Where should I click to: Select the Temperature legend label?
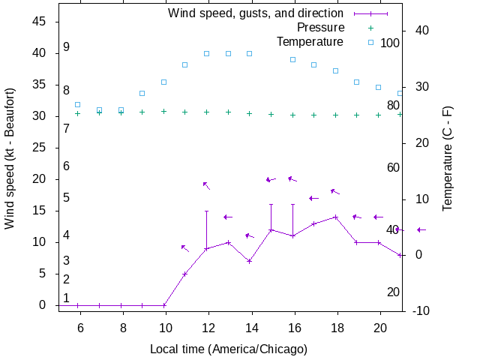(x=310, y=41)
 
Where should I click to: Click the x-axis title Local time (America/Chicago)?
(x=229, y=349)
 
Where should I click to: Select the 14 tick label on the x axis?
(x=251, y=327)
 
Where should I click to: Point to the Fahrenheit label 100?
(x=390, y=43)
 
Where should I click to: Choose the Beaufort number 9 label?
(x=67, y=47)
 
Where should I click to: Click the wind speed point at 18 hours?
(x=335, y=217)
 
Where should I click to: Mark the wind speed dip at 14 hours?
(x=250, y=261)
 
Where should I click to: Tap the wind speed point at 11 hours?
(x=184, y=274)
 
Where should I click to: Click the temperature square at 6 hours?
(x=77, y=105)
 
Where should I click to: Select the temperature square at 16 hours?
(x=292, y=59)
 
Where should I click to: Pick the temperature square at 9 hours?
(x=142, y=93)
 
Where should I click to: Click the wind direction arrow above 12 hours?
(x=206, y=185)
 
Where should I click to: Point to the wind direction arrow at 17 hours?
(x=314, y=198)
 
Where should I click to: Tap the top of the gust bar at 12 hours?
(x=206, y=211)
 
